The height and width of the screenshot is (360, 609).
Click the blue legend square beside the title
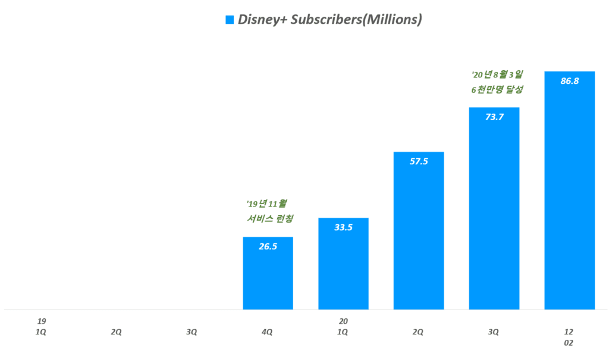click(x=229, y=20)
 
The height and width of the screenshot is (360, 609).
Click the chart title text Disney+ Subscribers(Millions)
click(x=329, y=20)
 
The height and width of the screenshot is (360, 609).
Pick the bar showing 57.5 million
click(x=419, y=238)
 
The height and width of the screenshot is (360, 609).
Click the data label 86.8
click(x=570, y=81)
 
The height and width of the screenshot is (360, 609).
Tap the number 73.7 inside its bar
click(x=494, y=117)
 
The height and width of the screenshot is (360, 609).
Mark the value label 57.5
click(x=419, y=161)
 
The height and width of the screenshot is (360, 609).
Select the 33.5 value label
click(x=343, y=227)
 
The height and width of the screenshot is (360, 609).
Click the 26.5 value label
click(x=268, y=246)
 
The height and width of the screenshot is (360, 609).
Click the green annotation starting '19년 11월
click(x=271, y=211)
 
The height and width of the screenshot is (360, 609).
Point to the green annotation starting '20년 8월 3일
click(x=497, y=82)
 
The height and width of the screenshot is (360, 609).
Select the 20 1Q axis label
click(x=343, y=326)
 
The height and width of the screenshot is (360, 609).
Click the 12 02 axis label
click(x=569, y=337)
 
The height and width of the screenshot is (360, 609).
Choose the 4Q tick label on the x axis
click(x=268, y=331)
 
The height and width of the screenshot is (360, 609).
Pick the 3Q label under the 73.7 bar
click(x=494, y=331)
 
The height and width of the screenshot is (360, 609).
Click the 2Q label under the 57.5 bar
click(x=418, y=331)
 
